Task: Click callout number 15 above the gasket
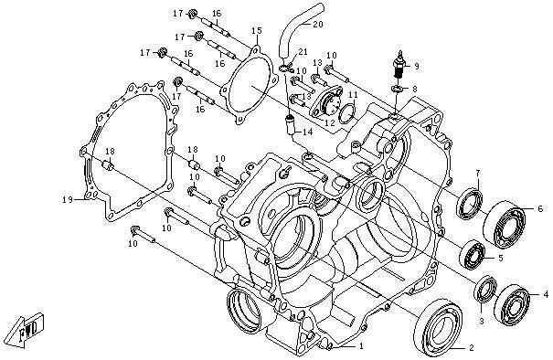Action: pos(258,32)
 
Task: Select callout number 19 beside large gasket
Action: pos(68,200)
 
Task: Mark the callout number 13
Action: pos(316,62)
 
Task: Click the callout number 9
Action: pos(416,66)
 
